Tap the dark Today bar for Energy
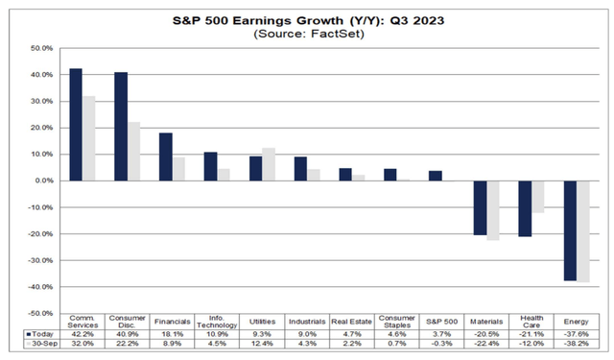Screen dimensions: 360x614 (x=570, y=230)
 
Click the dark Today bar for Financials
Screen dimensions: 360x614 (x=165, y=156)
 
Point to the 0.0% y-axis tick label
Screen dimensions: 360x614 (x=42, y=180)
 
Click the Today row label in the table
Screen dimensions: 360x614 (x=40, y=333)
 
